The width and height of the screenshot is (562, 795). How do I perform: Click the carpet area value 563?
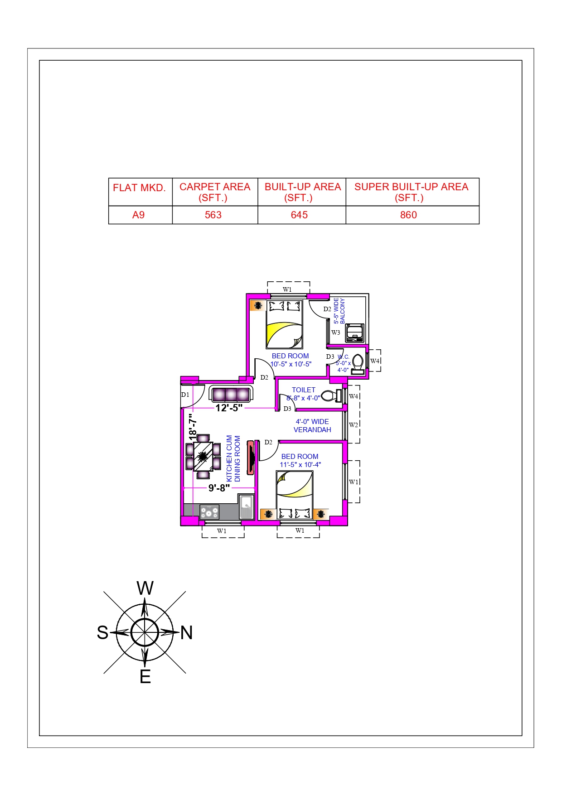[x=213, y=215]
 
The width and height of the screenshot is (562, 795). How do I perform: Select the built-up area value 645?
[x=299, y=215]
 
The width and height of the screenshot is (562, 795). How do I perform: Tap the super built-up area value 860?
[x=408, y=215]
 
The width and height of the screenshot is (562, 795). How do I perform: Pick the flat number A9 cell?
[x=138, y=215]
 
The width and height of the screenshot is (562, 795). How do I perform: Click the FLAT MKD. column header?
[x=139, y=188]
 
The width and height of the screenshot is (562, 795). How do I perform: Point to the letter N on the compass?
[x=186, y=633]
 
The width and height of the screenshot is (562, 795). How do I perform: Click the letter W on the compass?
[x=145, y=588]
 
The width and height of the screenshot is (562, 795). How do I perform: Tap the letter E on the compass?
[x=145, y=677]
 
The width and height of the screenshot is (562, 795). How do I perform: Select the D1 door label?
[x=185, y=395]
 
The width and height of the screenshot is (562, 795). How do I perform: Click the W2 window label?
[x=354, y=425]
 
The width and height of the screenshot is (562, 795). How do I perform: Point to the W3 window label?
[x=335, y=332]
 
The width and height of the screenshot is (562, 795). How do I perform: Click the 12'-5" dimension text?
[x=229, y=408]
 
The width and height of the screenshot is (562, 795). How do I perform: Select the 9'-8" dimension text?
[x=219, y=488]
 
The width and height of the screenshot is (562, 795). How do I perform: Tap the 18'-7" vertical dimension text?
[x=194, y=427]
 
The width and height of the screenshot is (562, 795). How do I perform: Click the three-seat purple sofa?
[x=231, y=394]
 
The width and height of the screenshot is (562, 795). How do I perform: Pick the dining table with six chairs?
[x=203, y=457]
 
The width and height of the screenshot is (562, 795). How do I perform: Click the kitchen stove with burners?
[x=209, y=512]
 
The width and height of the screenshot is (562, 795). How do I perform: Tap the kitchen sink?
[x=246, y=506]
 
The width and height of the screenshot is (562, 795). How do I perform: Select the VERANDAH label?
[x=312, y=430]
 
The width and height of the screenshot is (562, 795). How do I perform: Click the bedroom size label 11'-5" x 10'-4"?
[x=300, y=465]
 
